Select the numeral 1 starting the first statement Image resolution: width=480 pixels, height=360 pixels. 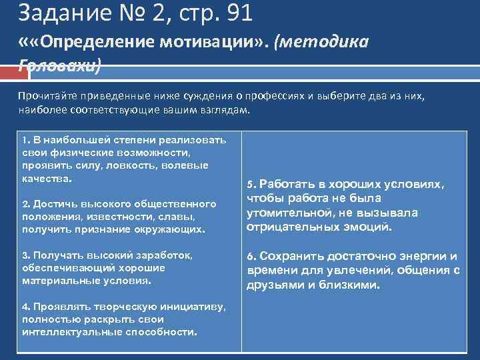click(24, 141)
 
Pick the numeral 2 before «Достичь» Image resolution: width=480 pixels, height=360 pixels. click(24, 203)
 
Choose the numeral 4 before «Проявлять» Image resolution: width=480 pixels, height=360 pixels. click(24, 307)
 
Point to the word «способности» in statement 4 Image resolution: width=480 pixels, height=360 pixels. click(162, 332)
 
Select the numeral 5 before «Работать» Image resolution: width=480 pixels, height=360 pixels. click(251, 185)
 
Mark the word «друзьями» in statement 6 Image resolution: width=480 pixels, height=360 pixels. click(274, 285)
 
